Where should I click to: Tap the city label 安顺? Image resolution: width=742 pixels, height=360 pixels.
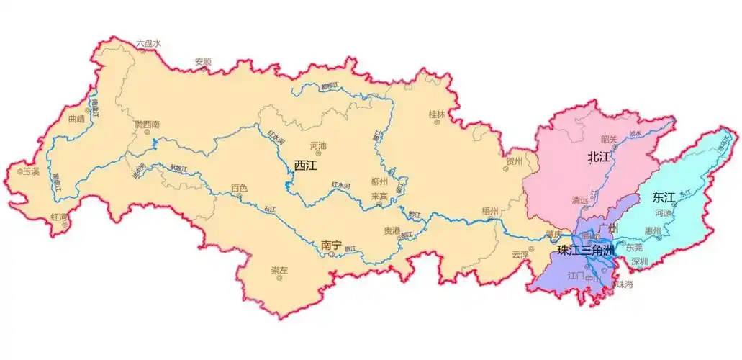tap(203, 62)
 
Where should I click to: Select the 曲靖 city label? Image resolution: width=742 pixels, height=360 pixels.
tap(76, 119)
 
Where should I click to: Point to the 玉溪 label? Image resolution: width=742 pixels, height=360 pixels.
tap(31, 172)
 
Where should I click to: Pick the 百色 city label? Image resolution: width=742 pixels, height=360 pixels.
tap(239, 189)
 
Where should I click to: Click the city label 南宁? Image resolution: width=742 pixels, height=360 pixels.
tap(330, 245)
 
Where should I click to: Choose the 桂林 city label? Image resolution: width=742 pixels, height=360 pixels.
tap(437, 114)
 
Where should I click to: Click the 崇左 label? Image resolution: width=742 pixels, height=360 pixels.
tap(279, 270)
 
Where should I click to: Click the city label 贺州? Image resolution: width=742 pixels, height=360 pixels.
tap(513, 161)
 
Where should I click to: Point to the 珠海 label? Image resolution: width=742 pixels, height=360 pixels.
tap(624, 284)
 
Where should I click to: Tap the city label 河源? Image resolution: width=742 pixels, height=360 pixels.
tap(663, 213)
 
